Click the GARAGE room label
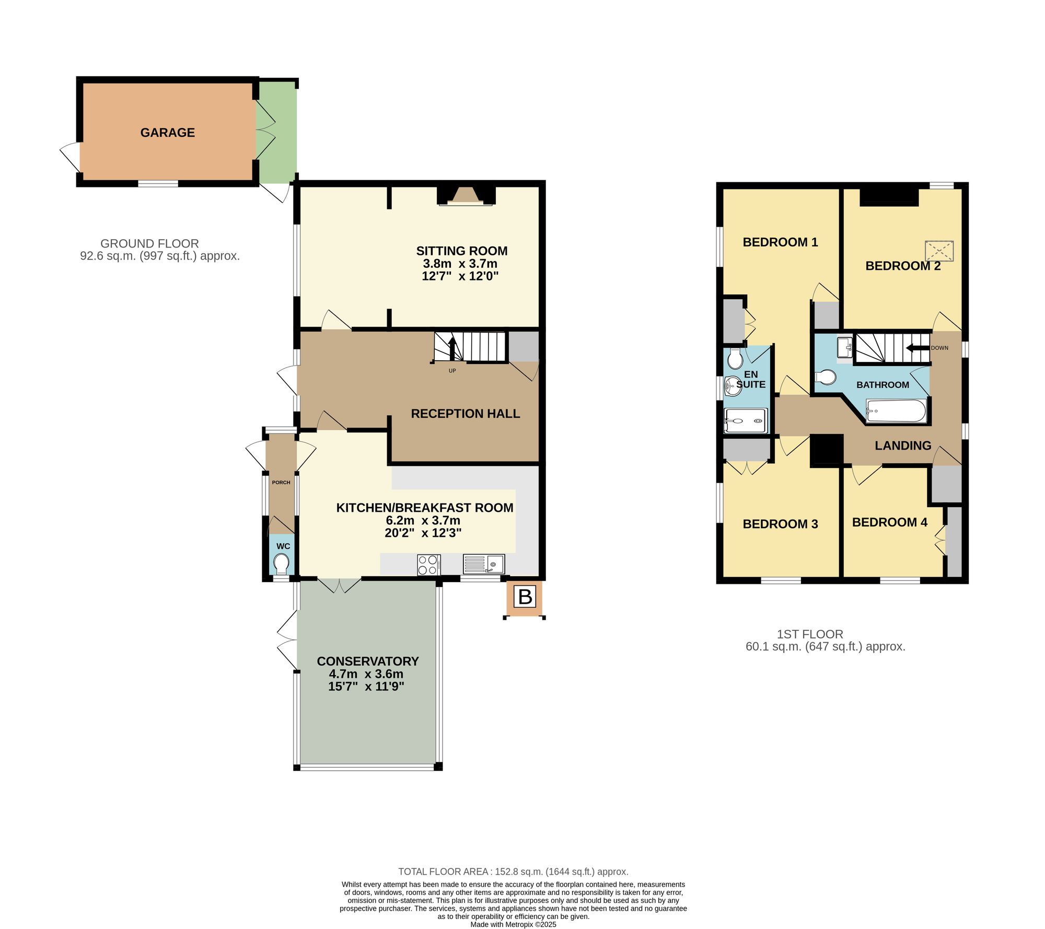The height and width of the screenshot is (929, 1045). pyautogui.click(x=167, y=133)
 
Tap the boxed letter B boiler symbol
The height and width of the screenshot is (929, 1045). pyautogui.click(x=525, y=596)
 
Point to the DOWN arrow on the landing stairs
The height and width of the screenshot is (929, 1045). pyautogui.click(x=917, y=348)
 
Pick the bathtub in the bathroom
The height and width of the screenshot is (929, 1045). pyautogui.click(x=896, y=411)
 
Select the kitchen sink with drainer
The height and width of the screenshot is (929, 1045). pyautogui.click(x=483, y=565)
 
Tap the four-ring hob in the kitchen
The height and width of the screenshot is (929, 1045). pyautogui.click(x=428, y=565)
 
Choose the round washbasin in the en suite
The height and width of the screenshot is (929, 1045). pyautogui.click(x=733, y=386)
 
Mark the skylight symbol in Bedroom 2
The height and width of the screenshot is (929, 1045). pyautogui.click(x=939, y=251)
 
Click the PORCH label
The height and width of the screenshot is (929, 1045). pyautogui.click(x=281, y=483)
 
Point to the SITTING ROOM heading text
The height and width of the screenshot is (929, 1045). pyautogui.click(x=461, y=251)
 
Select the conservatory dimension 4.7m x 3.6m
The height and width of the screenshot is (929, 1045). pyautogui.click(x=366, y=674)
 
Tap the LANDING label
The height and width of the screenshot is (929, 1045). pyautogui.click(x=903, y=445)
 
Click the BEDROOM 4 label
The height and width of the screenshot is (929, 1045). pyautogui.click(x=889, y=522)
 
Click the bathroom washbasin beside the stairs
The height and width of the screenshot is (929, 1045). pyautogui.click(x=845, y=347)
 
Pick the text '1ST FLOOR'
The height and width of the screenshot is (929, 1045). pyautogui.click(x=810, y=634)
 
